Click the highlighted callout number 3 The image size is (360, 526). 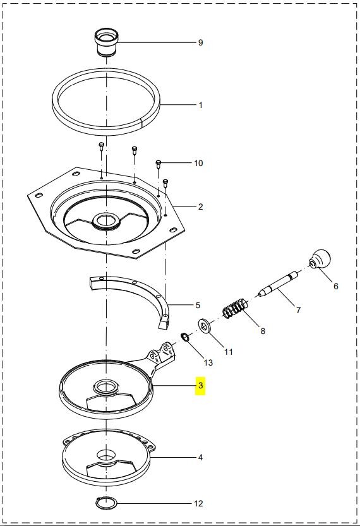[200, 385]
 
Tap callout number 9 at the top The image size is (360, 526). [200, 42]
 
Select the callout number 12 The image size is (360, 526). [198, 503]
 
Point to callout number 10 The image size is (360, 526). [198, 163]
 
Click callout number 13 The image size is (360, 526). [208, 362]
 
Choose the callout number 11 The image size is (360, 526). [229, 352]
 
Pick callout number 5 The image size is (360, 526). [198, 305]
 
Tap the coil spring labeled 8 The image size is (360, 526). [236, 308]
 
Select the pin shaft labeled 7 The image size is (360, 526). [278, 283]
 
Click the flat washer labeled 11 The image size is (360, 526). [205, 326]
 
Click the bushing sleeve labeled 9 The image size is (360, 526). [107, 42]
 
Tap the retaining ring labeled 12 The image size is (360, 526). [107, 503]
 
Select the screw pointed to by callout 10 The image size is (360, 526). [159, 164]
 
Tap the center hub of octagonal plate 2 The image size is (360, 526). [107, 222]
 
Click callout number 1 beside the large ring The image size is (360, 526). [200, 105]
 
